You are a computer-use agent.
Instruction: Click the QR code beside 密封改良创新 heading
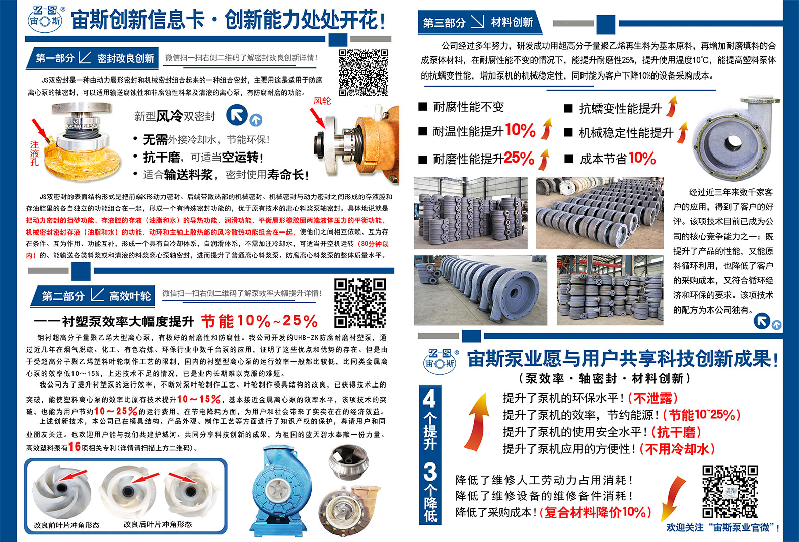[363, 73]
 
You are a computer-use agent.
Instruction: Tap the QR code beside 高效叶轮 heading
[360, 303]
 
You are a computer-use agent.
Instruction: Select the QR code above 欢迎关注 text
[730, 491]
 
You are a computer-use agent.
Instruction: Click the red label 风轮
[322, 101]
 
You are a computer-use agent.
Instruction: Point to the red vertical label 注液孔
[35, 153]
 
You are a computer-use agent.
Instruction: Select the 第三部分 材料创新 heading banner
[480, 23]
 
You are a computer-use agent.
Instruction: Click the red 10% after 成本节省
[642, 158]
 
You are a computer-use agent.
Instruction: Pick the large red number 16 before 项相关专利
[75, 446]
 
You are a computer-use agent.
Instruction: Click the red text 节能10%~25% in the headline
[259, 321]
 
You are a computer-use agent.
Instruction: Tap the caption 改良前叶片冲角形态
[66, 525]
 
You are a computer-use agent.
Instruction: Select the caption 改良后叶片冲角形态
[158, 524]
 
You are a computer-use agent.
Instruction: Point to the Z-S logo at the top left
[45, 19]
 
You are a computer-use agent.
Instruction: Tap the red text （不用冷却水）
[677, 449]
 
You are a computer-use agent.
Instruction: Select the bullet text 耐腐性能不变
[468, 107]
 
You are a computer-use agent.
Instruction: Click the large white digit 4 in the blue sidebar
[429, 399]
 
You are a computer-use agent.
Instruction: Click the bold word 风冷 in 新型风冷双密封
[170, 116]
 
